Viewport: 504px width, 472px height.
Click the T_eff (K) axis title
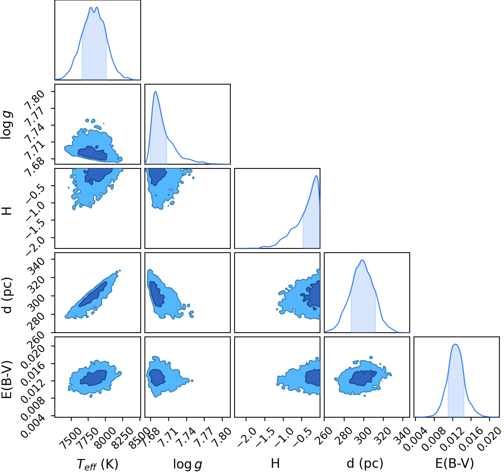coord(97,464)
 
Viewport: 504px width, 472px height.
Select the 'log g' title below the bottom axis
coord(187,464)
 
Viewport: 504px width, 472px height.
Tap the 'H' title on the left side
coord(7,211)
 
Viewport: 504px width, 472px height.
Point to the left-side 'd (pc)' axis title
coord(7,296)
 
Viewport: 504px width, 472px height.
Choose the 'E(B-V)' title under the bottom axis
coord(455,463)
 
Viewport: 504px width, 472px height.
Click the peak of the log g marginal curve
coord(156,91)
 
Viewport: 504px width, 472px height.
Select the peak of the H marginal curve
coord(316,175)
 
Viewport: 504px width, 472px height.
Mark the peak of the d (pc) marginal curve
coord(362,260)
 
